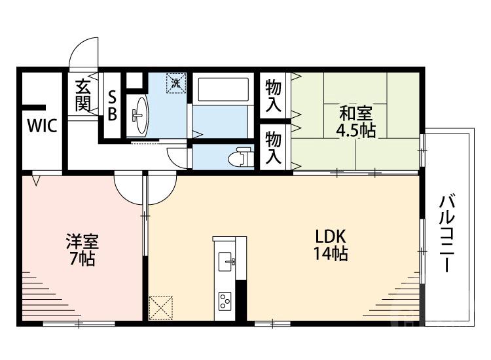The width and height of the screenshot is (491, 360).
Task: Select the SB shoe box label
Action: pyautogui.click(x=112, y=105)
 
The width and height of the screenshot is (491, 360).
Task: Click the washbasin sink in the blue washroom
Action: pyautogui.click(x=139, y=115)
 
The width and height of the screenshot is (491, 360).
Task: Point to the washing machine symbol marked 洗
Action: pyautogui.click(x=175, y=83)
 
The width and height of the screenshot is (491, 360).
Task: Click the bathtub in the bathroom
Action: pyautogui.click(x=223, y=90)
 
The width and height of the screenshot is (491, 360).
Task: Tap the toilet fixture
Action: pyautogui.click(x=240, y=158)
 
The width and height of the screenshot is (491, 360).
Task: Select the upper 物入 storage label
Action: pyautogui.click(x=274, y=95)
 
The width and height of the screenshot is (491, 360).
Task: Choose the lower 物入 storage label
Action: pyautogui.click(x=274, y=147)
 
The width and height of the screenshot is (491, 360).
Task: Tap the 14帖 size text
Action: pyautogui.click(x=331, y=254)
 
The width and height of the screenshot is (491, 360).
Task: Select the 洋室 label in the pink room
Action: pyautogui.click(x=80, y=241)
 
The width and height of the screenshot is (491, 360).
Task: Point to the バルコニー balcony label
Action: pyautogui.click(x=447, y=233)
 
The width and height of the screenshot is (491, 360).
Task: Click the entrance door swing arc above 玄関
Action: pyautogui.click(x=84, y=51)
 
